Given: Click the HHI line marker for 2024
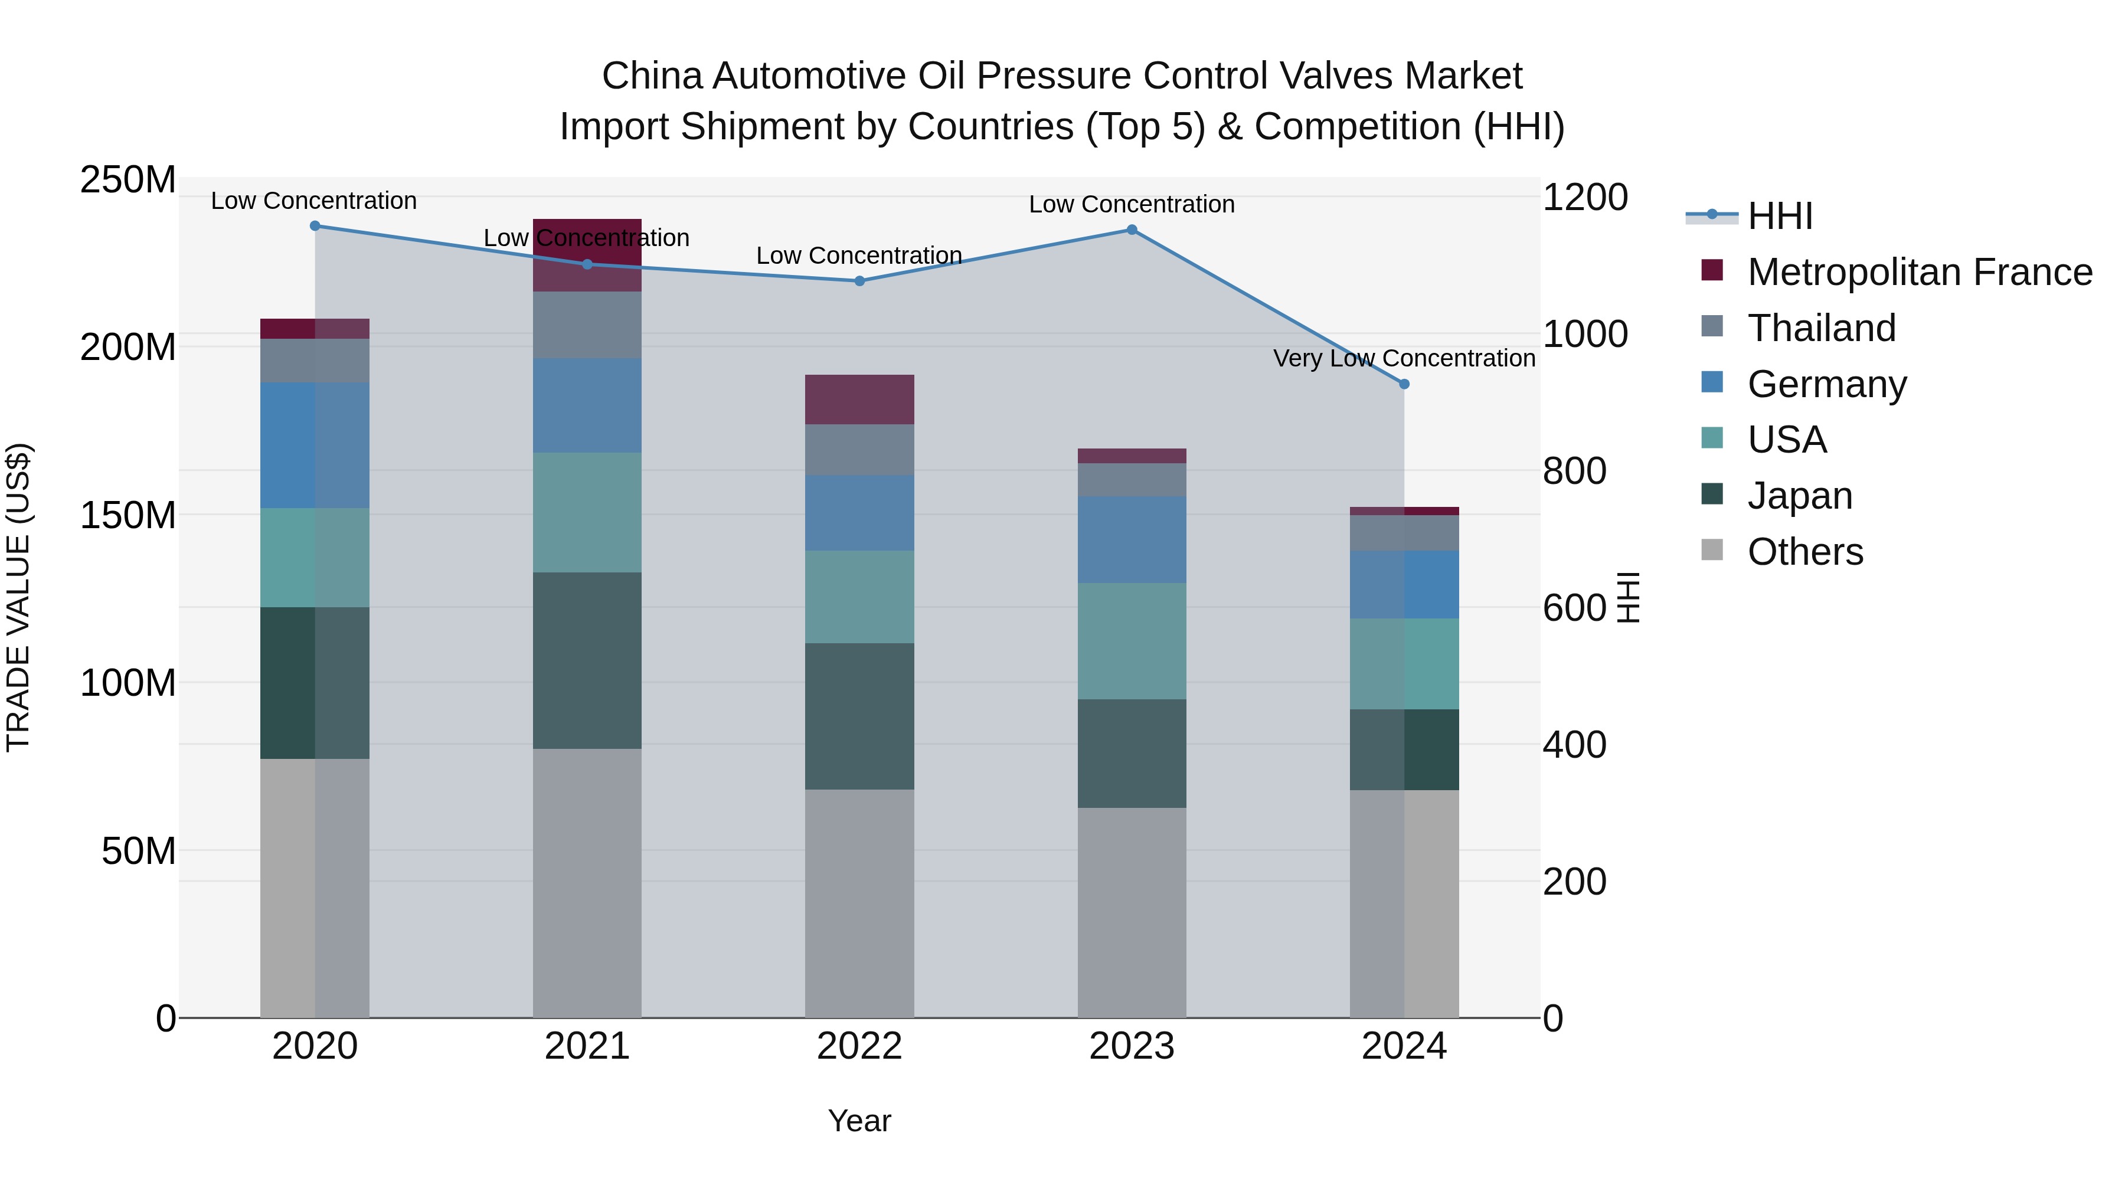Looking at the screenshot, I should [x=1404, y=384].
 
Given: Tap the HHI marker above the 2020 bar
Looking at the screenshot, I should [x=315, y=226].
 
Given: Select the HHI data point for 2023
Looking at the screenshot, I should [x=1132, y=230].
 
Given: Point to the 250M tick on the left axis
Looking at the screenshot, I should [x=128, y=180].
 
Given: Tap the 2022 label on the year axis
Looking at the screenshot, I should [x=859, y=1046].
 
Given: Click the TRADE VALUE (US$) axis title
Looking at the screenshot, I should [x=19, y=597].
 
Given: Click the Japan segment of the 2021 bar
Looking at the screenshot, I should [x=587, y=660].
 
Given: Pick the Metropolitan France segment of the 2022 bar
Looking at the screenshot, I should [x=859, y=400].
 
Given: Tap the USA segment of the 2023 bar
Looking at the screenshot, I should [x=1132, y=641].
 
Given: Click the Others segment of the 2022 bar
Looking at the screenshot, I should [x=859, y=903].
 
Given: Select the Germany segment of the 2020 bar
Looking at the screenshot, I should [x=315, y=446].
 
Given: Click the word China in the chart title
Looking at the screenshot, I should [x=653, y=76].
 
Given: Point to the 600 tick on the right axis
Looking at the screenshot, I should [x=1574, y=608].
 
